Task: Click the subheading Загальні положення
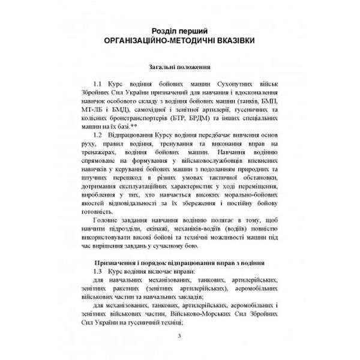click(x=179, y=68)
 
